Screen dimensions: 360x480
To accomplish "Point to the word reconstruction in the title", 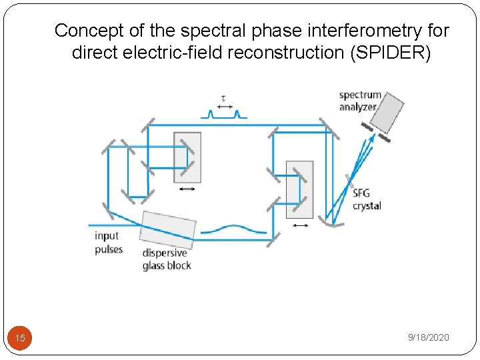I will coord(300,53).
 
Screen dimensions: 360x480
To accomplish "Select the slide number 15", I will coord(20,338).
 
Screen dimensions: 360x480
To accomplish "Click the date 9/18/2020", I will coord(429,337).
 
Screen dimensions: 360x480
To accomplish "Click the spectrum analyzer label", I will coord(360,101).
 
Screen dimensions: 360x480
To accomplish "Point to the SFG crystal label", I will coord(367,199).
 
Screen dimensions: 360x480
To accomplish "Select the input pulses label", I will coord(108,242).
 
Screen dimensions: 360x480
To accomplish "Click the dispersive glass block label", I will coord(167,259).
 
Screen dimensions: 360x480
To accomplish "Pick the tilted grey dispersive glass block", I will coord(169,229).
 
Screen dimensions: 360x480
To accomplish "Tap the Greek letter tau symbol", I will coord(223,99).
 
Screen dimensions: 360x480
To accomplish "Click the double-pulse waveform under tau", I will coord(224,115).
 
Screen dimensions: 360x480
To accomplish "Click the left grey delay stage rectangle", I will coord(187,157).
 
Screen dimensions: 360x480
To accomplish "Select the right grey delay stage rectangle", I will coord(299,189).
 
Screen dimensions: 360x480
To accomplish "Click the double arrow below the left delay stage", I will coord(187,189).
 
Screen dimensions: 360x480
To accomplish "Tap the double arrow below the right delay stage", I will coord(301,225).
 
